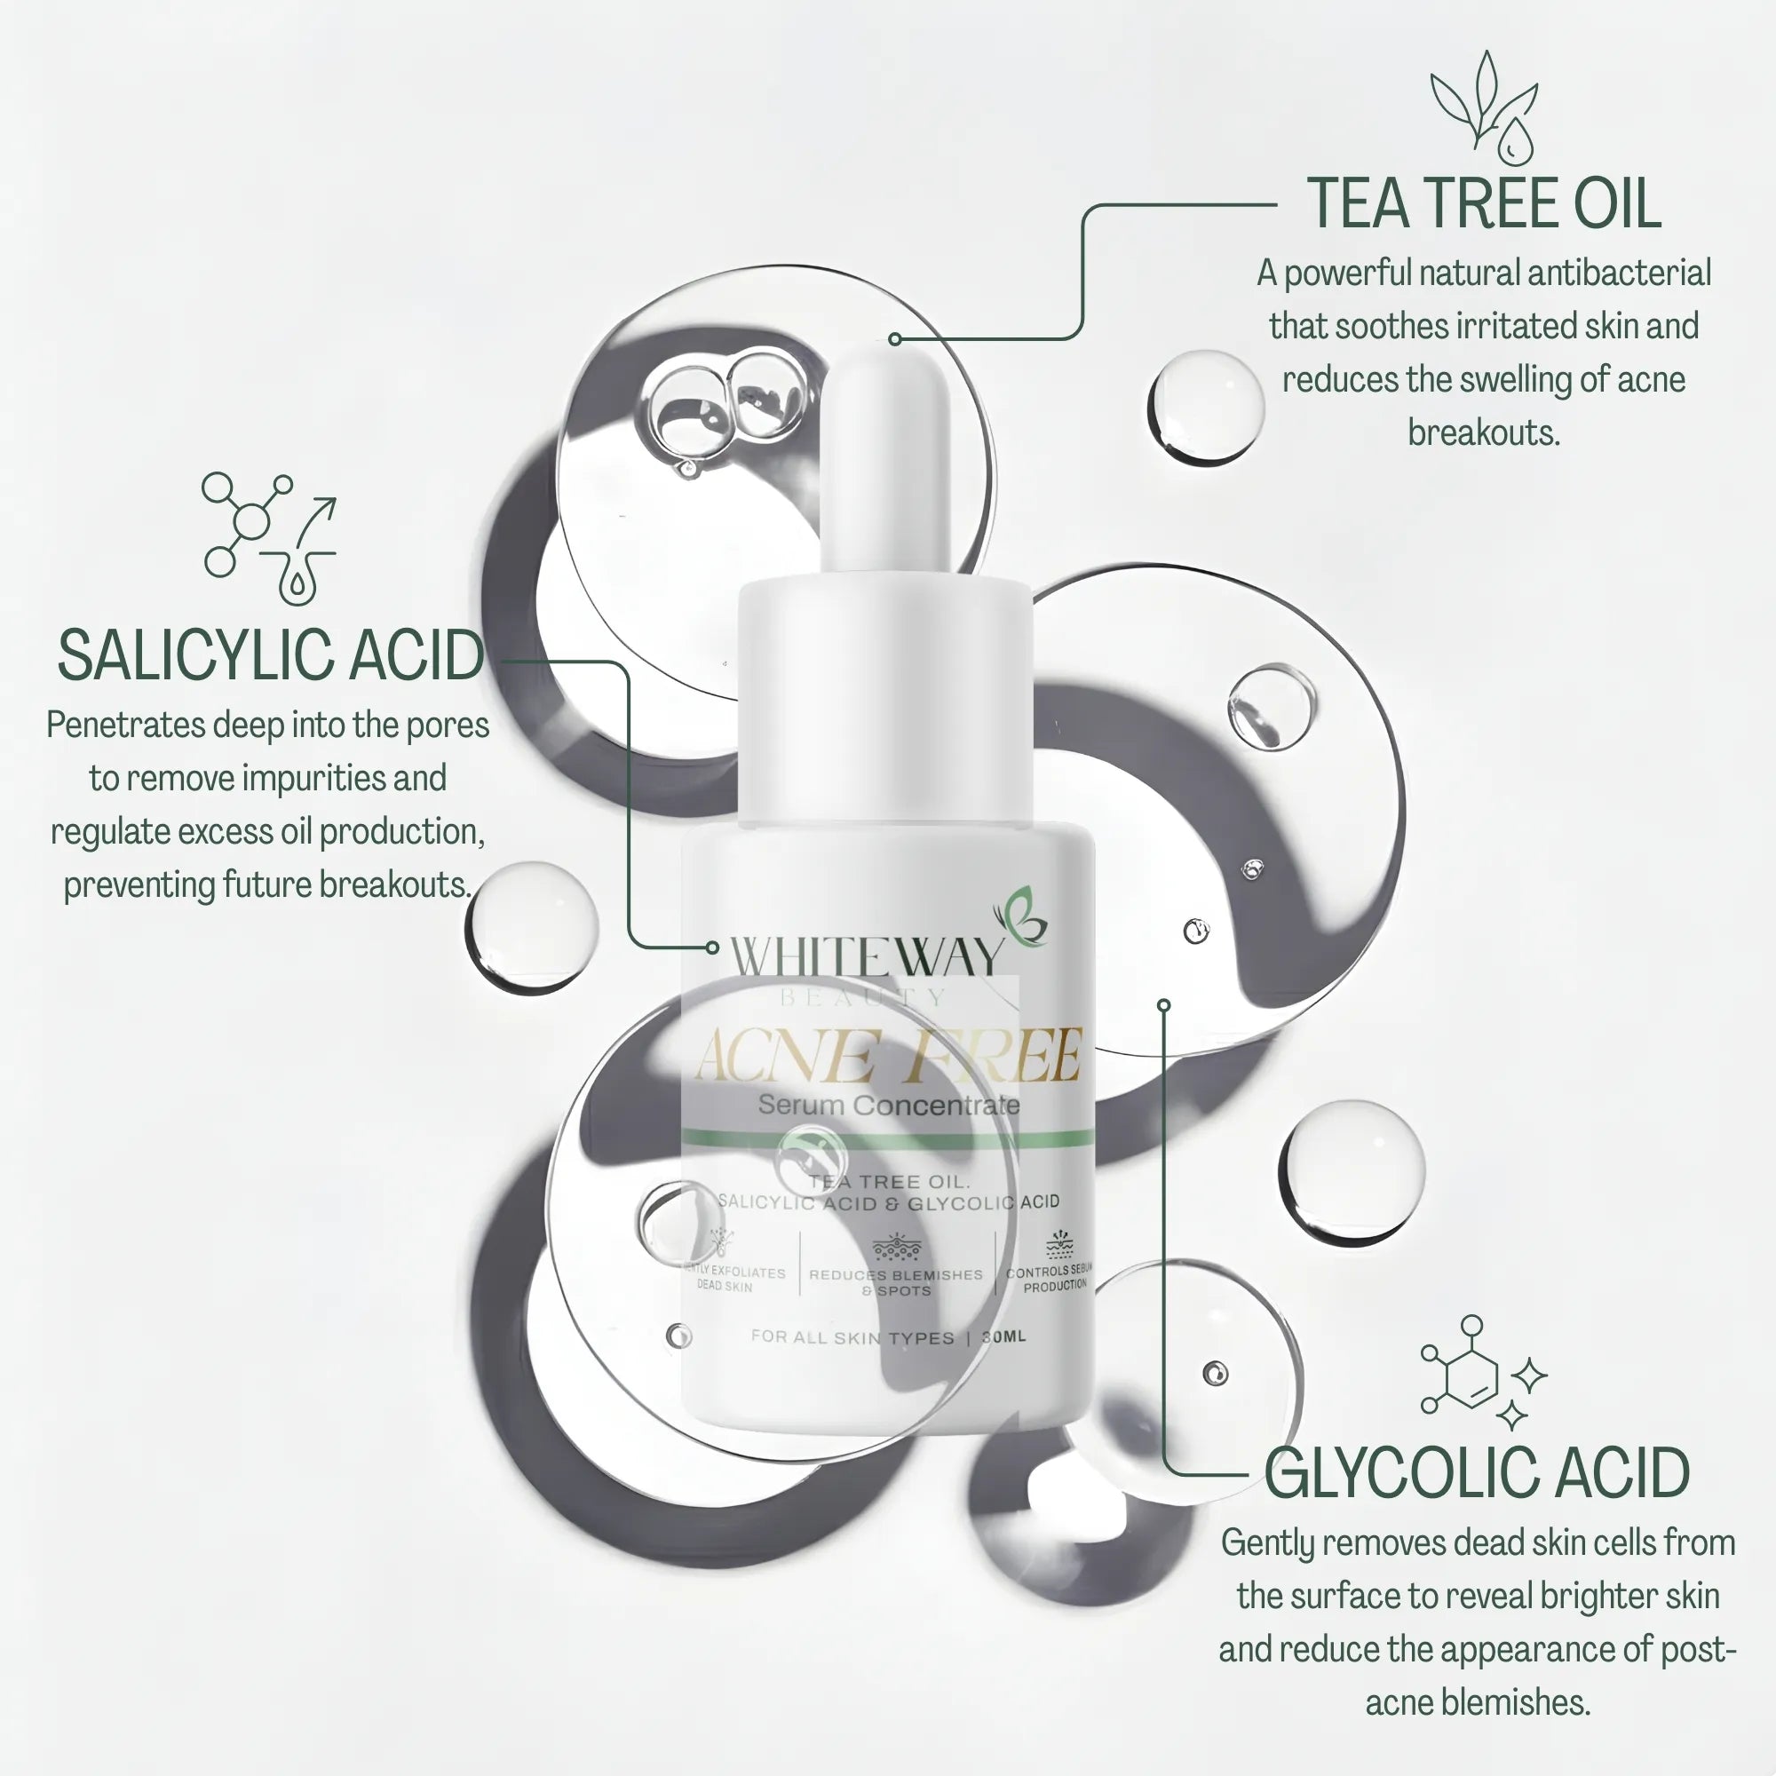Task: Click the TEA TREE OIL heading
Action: pyautogui.click(x=1484, y=204)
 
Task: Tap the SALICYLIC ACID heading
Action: pyautogui.click(x=270, y=656)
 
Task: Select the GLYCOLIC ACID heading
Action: pyautogui.click(x=1477, y=1473)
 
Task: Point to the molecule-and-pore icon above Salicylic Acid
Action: pyautogui.click(x=268, y=538)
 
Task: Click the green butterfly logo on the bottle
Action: pyautogui.click(x=1022, y=917)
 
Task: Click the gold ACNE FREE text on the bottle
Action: pyautogui.click(x=888, y=1057)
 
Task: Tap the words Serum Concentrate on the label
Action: pyautogui.click(x=888, y=1105)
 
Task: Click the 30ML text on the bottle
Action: pyautogui.click(x=1003, y=1336)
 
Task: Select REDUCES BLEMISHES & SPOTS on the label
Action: pyautogui.click(x=895, y=1282)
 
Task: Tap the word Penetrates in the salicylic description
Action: pyautogui.click(x=126, y=725)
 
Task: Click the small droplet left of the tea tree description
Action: pyautogui.click(x=1205, y=407)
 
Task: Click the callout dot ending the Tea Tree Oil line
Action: pyautogui.click(x=894, y=339)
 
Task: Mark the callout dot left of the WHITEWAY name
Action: pyautogui.click(x=711, y=947)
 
